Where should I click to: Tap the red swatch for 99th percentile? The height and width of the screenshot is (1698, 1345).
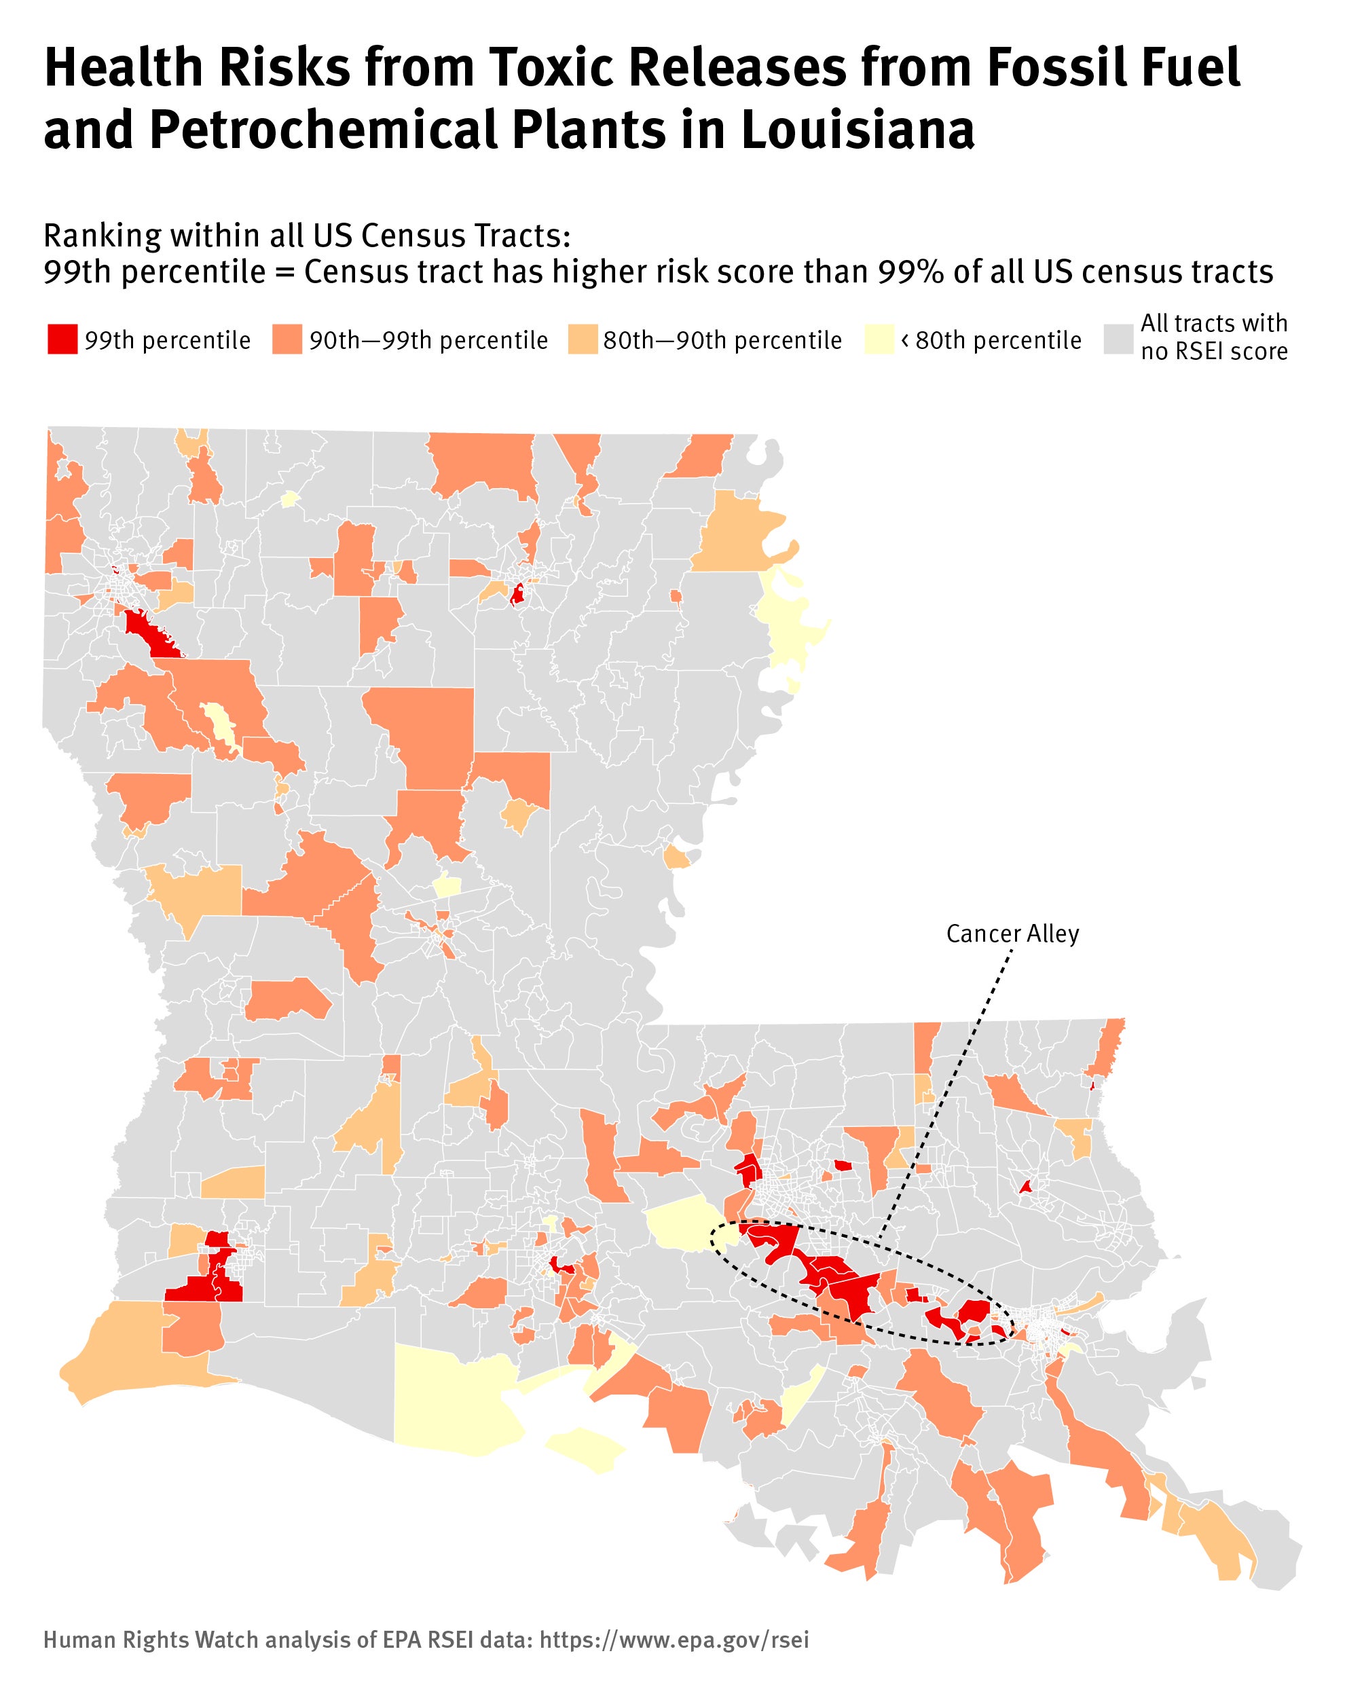point(62,340)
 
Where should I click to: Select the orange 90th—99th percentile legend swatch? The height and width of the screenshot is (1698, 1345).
point(287,340)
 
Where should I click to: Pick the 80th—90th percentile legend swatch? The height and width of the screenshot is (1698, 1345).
point(582,340)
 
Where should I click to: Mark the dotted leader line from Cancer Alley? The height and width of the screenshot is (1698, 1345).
point(945,1103)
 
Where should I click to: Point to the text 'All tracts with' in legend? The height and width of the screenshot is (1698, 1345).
point(1213,324)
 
